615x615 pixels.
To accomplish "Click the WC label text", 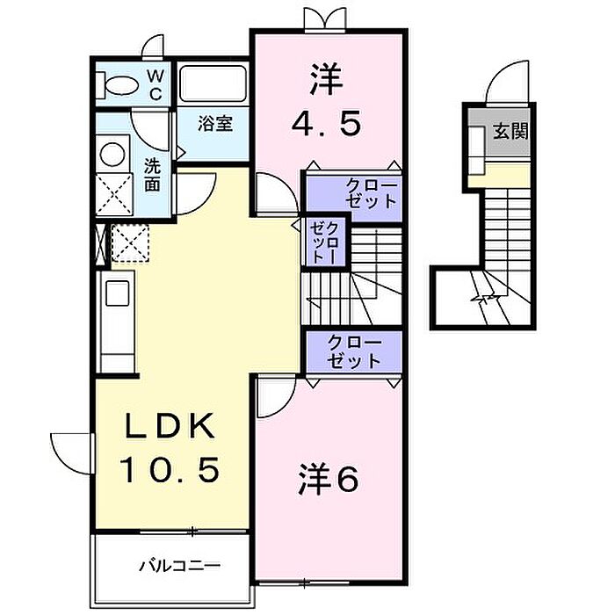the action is click(x=156, y=84).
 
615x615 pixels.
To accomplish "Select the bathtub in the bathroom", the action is click(x=213, y=84).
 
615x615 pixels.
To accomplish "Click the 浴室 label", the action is click(x=215, y=124).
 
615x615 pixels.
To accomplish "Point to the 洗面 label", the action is click(x=152, y=174).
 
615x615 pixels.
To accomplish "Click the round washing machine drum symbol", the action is click(x=113, y=154).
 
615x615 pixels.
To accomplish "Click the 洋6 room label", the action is click(x=329, y=480).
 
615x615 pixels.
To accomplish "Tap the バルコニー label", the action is click(x=180, y=566).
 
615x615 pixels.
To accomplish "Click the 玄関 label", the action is click(x=510, y=131).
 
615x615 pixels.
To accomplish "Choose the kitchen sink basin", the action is click(x=117, y=293).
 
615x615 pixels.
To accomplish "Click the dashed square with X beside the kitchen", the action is click(x=130, y=243).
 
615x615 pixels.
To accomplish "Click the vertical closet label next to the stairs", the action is click(x=323, y=242).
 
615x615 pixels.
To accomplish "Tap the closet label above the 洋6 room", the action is click(x=354, y=351).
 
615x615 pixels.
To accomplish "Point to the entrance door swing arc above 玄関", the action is click(x=508, y=83).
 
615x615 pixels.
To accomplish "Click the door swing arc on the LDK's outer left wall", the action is click(x=72, y=453).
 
